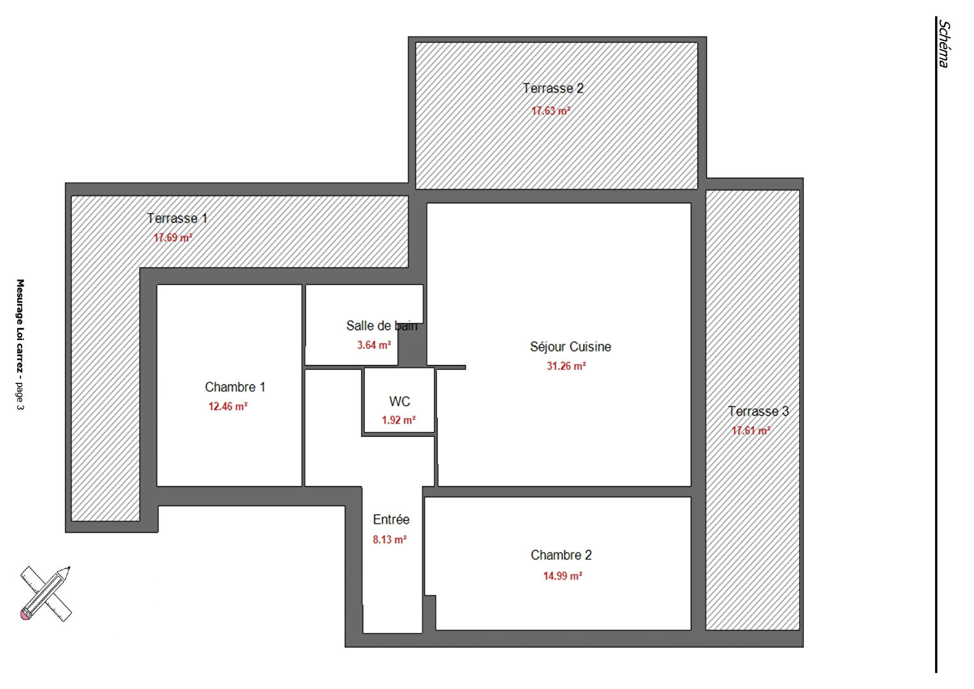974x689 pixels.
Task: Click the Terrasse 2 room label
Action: (552, 88)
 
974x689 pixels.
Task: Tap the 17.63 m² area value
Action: (550, 111)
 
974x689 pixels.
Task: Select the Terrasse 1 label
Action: (177, 218)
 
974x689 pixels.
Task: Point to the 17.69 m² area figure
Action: (173, 237)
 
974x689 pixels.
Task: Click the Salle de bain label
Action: (381, 325)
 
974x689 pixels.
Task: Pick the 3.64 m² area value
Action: (374, 345)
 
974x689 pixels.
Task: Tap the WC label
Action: (399, 401)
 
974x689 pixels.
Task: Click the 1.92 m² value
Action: (399, 420)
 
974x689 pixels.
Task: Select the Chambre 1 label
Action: (235, 387)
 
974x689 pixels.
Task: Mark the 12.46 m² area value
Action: (228, 406)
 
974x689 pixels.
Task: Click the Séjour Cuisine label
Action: (570, 346)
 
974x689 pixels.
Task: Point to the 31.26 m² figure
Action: (566, 366)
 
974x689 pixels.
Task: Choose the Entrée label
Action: (391, 519)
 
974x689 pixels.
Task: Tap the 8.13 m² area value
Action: (390, 539)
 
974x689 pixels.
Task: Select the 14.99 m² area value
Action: (563, 575)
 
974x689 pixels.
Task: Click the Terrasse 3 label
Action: (758, 411)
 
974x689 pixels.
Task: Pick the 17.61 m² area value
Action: (751, 431)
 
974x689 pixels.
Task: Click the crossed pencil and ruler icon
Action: (46, 593)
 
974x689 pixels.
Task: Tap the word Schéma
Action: (944, 43)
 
